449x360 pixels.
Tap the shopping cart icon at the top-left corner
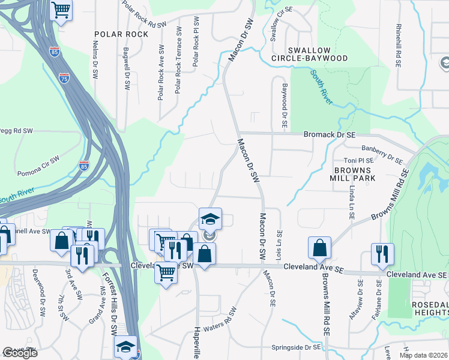click(x=61, y=10)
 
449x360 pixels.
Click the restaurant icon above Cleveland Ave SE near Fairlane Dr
click(x=382, y=254)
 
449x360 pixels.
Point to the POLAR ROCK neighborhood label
click(x=121, y=34)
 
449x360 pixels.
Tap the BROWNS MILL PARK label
click(x=352, y=174)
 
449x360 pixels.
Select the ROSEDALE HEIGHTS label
click(x=429, y=310)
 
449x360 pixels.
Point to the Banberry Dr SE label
click(x=381, y=154)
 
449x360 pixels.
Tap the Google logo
click(x=19, y=353)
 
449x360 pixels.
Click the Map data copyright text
click(x=423, y=355)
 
